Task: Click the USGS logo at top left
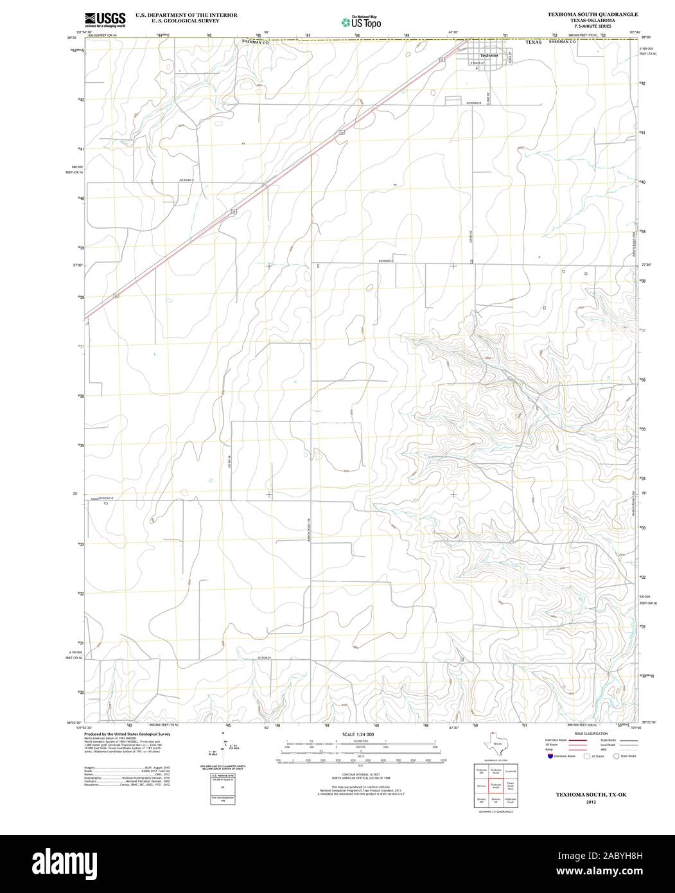click(103, 19)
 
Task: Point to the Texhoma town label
click(489, 55)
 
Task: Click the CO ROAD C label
click(187, 181)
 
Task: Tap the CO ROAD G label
click(104, 498)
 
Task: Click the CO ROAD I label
click(266, 658)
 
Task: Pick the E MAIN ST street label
click(477, 63)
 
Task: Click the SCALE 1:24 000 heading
click(358, 734)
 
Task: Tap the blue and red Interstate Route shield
click(548, 757)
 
